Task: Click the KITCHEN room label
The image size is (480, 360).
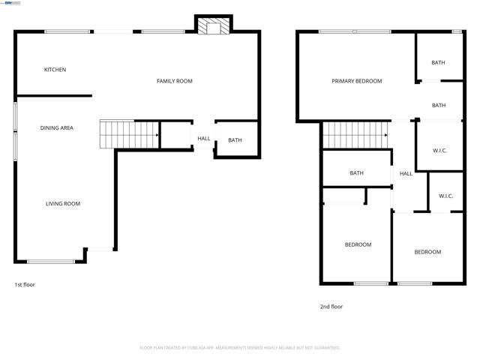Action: click(x=55, y=70)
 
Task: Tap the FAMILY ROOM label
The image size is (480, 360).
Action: click(x=174, y=81)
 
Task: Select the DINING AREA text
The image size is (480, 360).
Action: click(x=57, y=128)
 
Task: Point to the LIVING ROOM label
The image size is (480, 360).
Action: click(x=63, y=204)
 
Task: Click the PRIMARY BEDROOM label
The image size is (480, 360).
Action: click(x=357, y=81)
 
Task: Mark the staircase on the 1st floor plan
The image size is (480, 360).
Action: click(x=128, y=135)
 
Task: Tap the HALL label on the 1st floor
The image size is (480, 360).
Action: click(x=204, y=139)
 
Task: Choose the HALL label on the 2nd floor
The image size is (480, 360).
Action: click(x=406, y=174)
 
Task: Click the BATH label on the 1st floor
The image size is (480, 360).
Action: click(x=235, y=140)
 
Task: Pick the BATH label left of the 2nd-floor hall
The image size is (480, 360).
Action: click(x=357, y=173)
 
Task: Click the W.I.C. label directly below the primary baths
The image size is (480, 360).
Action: click(x=439, y=151)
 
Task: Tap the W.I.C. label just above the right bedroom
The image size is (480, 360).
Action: click(x=445, y=196)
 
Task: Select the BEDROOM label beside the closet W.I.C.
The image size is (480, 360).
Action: click(x=427, y=252)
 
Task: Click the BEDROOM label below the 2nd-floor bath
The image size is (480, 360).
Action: click(x=358, y=244)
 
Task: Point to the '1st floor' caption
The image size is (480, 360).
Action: click(x=25, y=285)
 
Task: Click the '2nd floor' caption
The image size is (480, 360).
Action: click(x=331, y=307)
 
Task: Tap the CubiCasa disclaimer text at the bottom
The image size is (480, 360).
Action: click(x=240, y=348)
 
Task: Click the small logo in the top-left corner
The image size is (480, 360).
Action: click(x=13, y=3)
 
